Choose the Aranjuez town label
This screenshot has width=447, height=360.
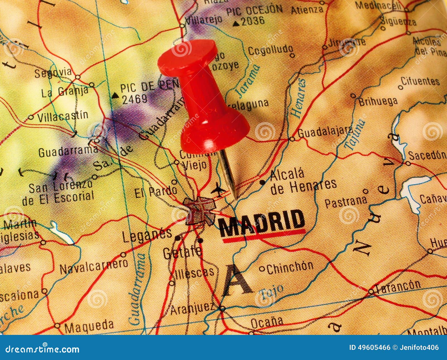[192, 309]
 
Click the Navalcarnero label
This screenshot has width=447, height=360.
[94, 266]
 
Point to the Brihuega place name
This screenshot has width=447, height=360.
[378, 101]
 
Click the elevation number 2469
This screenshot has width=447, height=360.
[135, 99]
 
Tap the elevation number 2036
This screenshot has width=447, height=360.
[253, 21]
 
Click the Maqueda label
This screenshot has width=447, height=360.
[89, 325]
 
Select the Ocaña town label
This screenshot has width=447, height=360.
[267, 323]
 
